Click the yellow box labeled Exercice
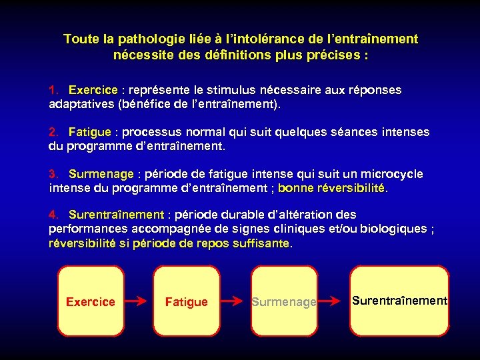coord(91,301)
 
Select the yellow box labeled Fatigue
coord(186,301)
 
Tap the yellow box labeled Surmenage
coord(283,301)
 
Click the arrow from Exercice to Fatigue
coord(138,301)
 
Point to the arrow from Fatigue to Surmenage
coord(234,301)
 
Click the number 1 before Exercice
coord(53,89)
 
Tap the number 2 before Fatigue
coord(53,132)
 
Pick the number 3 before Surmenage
coord(53,174)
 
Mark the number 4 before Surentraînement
coord(53,215)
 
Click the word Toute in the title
coord(79,39)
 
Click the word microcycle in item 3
coord(389,174)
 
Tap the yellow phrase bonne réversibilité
coord(331,188)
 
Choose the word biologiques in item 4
coord(395,229)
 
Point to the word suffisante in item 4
coord(259,243)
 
